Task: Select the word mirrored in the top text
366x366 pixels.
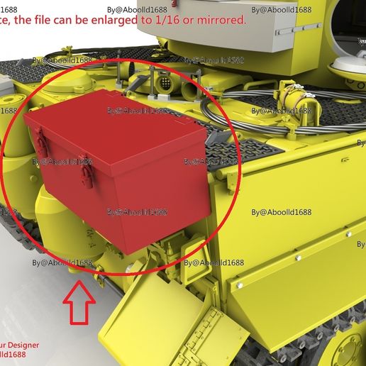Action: click(x=225, y=21)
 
